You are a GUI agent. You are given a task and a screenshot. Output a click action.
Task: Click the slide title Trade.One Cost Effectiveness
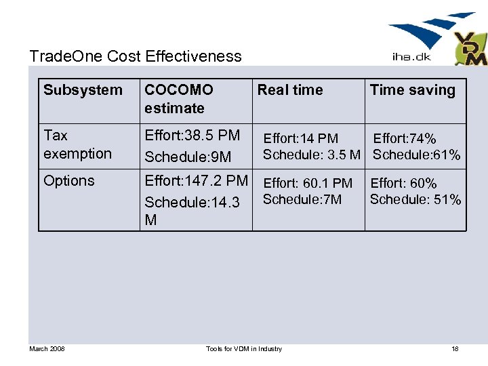click(x=136, y=56)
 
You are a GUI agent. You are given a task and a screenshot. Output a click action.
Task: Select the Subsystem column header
click(x=83, y=90)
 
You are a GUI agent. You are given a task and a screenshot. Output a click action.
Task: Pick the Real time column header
click(x=290, y=90)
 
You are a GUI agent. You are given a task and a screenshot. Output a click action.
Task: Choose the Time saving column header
click(x=412, y=90)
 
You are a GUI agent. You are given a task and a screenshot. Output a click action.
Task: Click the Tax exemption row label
click(x=77, y=144)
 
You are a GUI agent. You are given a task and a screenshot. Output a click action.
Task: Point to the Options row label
click(x=69, y=181)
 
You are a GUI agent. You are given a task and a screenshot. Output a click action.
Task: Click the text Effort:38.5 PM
click(x=192, y=136)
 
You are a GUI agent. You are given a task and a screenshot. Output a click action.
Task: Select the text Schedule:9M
click(x=188, y=157)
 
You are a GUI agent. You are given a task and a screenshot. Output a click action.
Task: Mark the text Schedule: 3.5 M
click(x=312, y=155)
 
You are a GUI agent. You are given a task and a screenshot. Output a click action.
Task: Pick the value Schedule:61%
click(x=416, y=155)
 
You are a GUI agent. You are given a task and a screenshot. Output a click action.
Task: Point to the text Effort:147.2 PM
click(x=197, y=181)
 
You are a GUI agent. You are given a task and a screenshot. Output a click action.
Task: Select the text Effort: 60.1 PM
click(x=308, y=183)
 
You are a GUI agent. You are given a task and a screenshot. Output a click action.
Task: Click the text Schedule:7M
click(x=302, y=199)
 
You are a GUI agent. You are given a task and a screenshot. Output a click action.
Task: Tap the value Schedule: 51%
click(x=415, y=199)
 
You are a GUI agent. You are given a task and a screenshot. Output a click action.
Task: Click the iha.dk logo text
click(x=407, y=57)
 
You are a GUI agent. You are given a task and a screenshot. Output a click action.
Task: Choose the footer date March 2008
click(x=47, y=348)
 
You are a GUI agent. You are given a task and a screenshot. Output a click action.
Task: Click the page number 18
click(x=455, y=348)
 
